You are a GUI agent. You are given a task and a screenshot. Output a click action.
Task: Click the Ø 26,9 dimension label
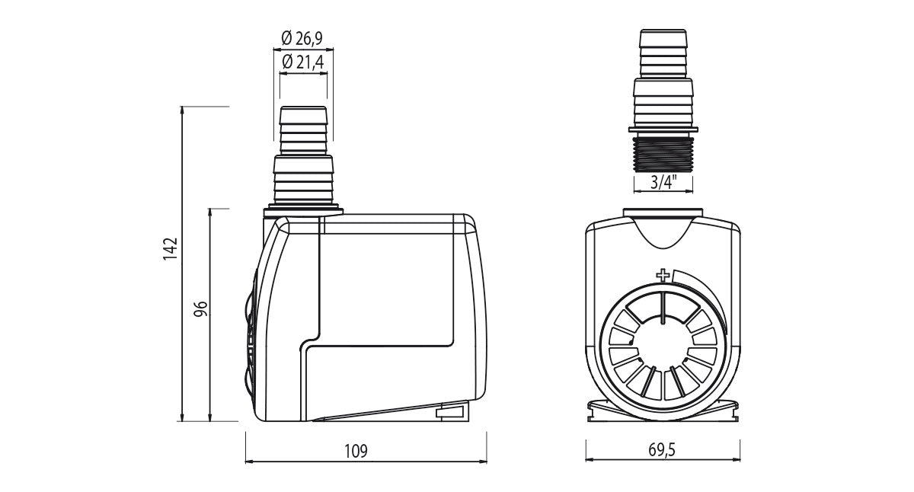coord(302,39)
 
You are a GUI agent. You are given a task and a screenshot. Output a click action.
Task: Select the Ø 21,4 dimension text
coord(303,62)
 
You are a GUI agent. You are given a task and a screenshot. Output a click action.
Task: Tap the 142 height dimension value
coord(171,249)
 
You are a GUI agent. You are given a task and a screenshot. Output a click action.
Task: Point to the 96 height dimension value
coord(201,308)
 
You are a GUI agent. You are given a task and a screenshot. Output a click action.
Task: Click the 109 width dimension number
coord(356,451)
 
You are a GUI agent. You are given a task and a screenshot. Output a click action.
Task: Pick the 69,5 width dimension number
coord(662,449)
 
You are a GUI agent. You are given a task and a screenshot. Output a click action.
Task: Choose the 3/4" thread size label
coord(663,182)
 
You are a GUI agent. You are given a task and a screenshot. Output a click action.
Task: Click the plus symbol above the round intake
coord(663,276)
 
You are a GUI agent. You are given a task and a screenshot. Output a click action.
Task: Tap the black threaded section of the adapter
coord(663,154)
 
